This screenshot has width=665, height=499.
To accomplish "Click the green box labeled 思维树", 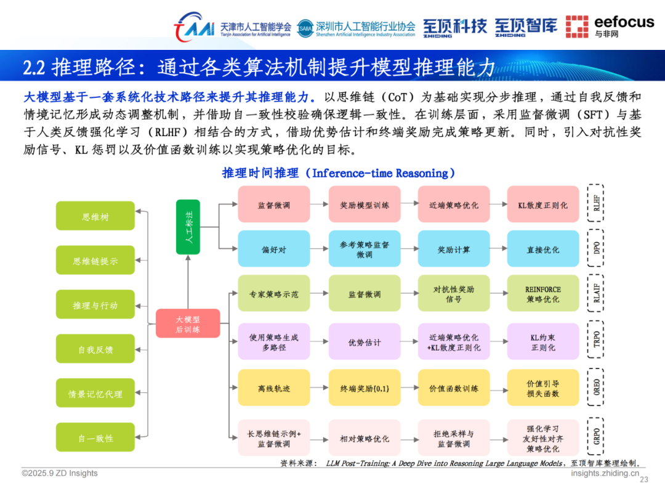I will (95, 216).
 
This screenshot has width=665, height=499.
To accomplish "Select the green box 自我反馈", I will (95, 349).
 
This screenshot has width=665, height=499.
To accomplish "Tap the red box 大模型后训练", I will (188, 323).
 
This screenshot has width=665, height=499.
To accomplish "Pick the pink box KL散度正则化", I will (542, 205).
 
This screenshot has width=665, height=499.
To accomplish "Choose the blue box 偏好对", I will (273, 249).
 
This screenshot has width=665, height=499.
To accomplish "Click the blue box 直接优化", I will (542, 249).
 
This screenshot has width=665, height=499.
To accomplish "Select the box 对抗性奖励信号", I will (454, 293).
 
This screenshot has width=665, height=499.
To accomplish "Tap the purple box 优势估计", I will (364, 342).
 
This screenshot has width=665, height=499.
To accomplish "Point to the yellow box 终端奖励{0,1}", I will (364, 388).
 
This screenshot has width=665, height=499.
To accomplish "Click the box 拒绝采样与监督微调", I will (454, 438).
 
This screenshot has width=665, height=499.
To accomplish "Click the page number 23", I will (644, 479).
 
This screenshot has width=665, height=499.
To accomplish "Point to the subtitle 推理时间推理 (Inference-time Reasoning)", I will (339, 173).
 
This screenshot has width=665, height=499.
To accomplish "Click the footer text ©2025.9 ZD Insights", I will (60, 473).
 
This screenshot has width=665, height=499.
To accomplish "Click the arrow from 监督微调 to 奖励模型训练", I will (318, 205).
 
